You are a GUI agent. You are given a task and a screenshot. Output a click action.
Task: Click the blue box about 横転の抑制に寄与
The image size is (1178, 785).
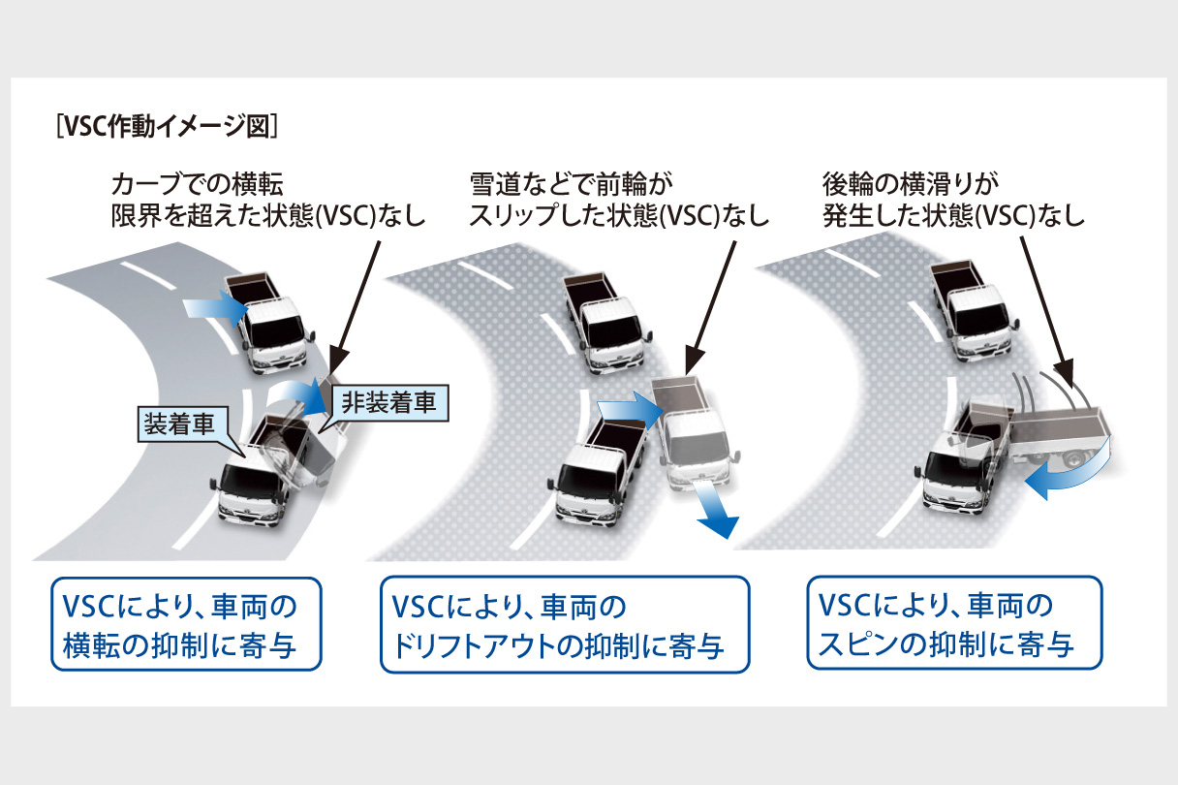pos(186,624)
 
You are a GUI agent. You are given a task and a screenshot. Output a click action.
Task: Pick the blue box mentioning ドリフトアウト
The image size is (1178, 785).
pos(566,624)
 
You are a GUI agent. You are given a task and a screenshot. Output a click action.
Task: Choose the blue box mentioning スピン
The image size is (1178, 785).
pos(954,624)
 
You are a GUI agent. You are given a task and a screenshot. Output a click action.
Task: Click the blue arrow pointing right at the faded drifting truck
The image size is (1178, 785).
pos(629,405)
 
